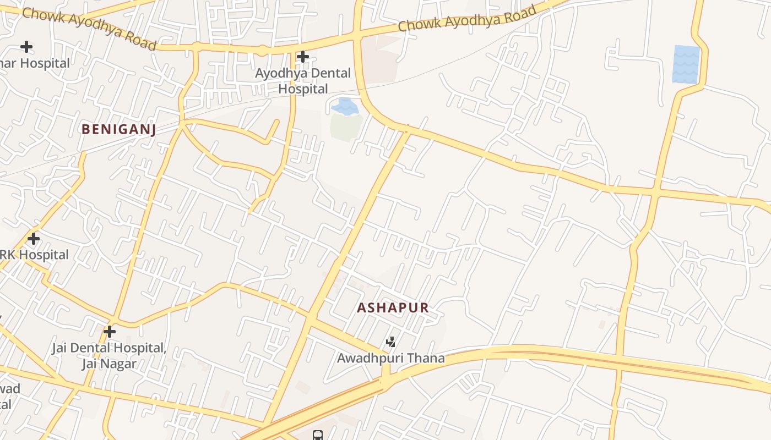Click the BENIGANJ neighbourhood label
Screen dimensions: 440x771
(119, 130)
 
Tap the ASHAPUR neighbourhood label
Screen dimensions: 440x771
(393, 308)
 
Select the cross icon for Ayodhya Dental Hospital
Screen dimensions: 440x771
(302, 57)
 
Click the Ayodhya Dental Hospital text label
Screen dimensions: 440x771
(303, 81)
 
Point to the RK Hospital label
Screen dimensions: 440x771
(34, 255)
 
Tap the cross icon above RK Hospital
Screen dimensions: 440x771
(34, 239)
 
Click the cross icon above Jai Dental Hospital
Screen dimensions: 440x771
(110, 332)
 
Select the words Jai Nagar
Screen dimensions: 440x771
(108, 364)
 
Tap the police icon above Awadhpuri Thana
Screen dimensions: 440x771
(391, 343)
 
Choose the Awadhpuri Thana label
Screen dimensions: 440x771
(391, 359)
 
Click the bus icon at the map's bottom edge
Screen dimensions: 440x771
(318, 436)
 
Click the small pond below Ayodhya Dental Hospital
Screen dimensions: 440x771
(345, 106)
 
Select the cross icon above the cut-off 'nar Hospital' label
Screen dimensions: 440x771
(26, 47)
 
